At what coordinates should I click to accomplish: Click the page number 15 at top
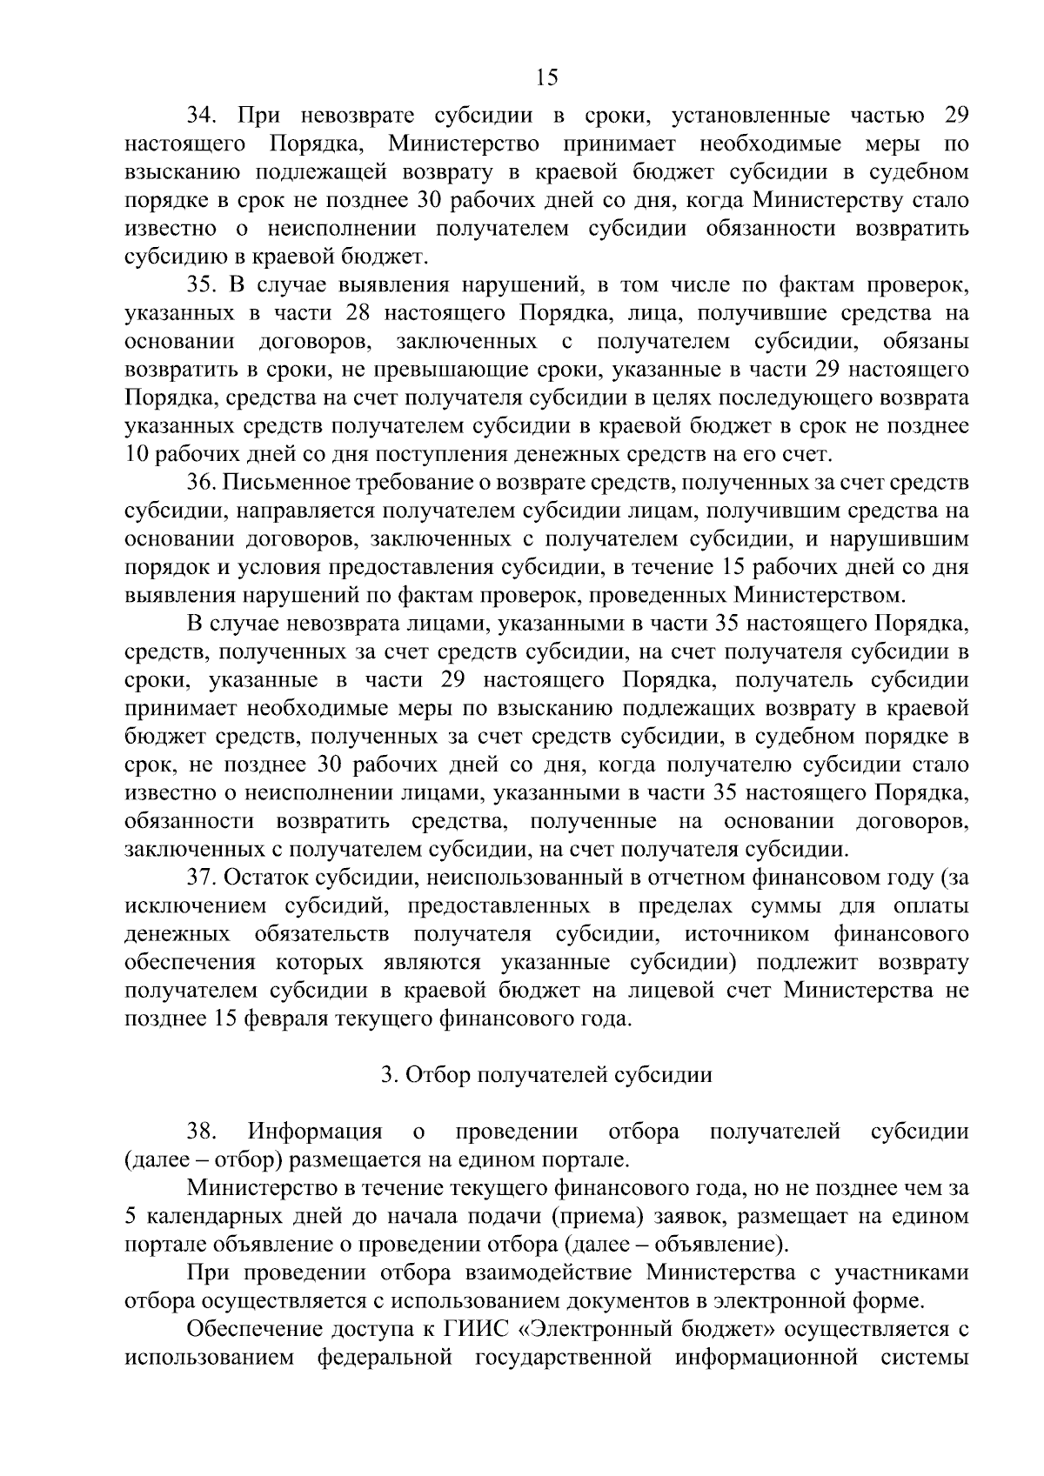(x=546, y=77)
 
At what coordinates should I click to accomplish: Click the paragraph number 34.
(x=207, y=116)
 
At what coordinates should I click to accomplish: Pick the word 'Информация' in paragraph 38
(x=315, y=1132)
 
